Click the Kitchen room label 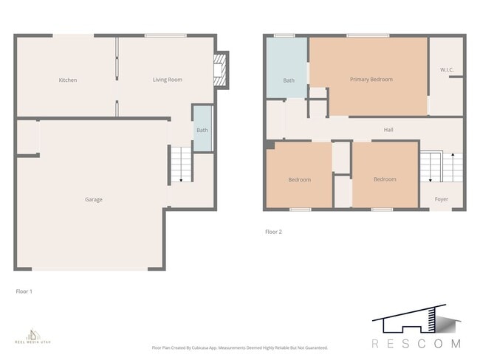[x=68, y=80]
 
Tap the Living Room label [x=167, y=80]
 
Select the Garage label [x=93, y=199]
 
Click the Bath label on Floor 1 [x=202, y=131]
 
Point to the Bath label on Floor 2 [x=289, y=80]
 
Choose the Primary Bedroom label [x=371, y=79]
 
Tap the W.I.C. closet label [x=446, y=71]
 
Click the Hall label [x=388, y=130]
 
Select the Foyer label [x=441, y=199]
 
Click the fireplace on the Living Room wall [x=220, y=70]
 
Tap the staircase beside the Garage [x=180, y=165]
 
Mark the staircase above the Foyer [x=441, y=167]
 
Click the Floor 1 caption [x=24, y=291]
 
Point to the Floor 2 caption [x=273, y=232]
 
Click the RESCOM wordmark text [x=416, y=344]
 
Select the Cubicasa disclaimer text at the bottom [x=239, y=347]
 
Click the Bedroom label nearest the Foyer [x=385, y=179]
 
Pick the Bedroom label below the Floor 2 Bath [x=299, y=179]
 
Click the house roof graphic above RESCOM [x=416, y=320]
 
